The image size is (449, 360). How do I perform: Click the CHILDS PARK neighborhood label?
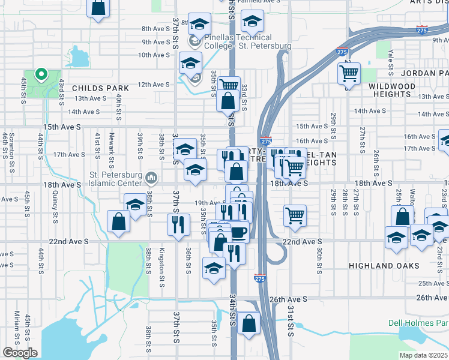tap(100, 88)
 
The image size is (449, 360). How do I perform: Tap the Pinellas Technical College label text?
tap(247, 41)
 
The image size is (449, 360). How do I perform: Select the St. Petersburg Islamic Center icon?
tap(152, 178)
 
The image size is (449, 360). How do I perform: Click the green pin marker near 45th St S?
tap(41, 74)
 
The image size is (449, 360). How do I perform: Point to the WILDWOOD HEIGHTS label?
tap(392, 91)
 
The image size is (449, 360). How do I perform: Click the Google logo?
tap(20, 352)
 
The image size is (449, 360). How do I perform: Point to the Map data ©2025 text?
tap(423, 355)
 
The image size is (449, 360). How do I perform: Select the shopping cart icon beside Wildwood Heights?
tap(349, 73)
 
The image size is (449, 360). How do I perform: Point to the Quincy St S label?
tap(55, 205)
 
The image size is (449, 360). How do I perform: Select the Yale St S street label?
tap(390, 58)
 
